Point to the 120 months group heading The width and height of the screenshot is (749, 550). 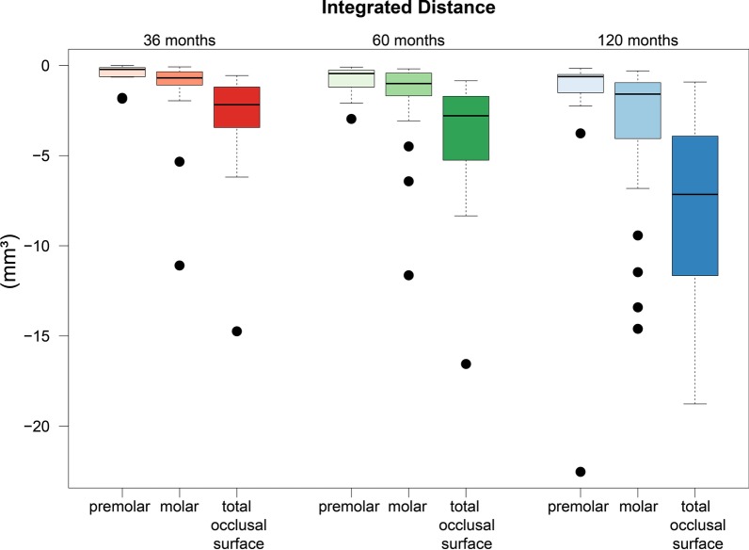(637, 40)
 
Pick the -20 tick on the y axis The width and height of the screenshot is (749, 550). (41, 426)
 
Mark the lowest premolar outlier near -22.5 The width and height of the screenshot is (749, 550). (581, 472)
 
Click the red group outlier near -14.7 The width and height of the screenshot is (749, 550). (236, 332)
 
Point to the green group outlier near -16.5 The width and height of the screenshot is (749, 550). (466, 364)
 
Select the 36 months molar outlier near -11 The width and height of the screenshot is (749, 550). (179, 266)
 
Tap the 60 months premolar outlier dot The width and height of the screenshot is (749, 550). (351, 119)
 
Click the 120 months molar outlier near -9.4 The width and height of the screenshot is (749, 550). (638, 235)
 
